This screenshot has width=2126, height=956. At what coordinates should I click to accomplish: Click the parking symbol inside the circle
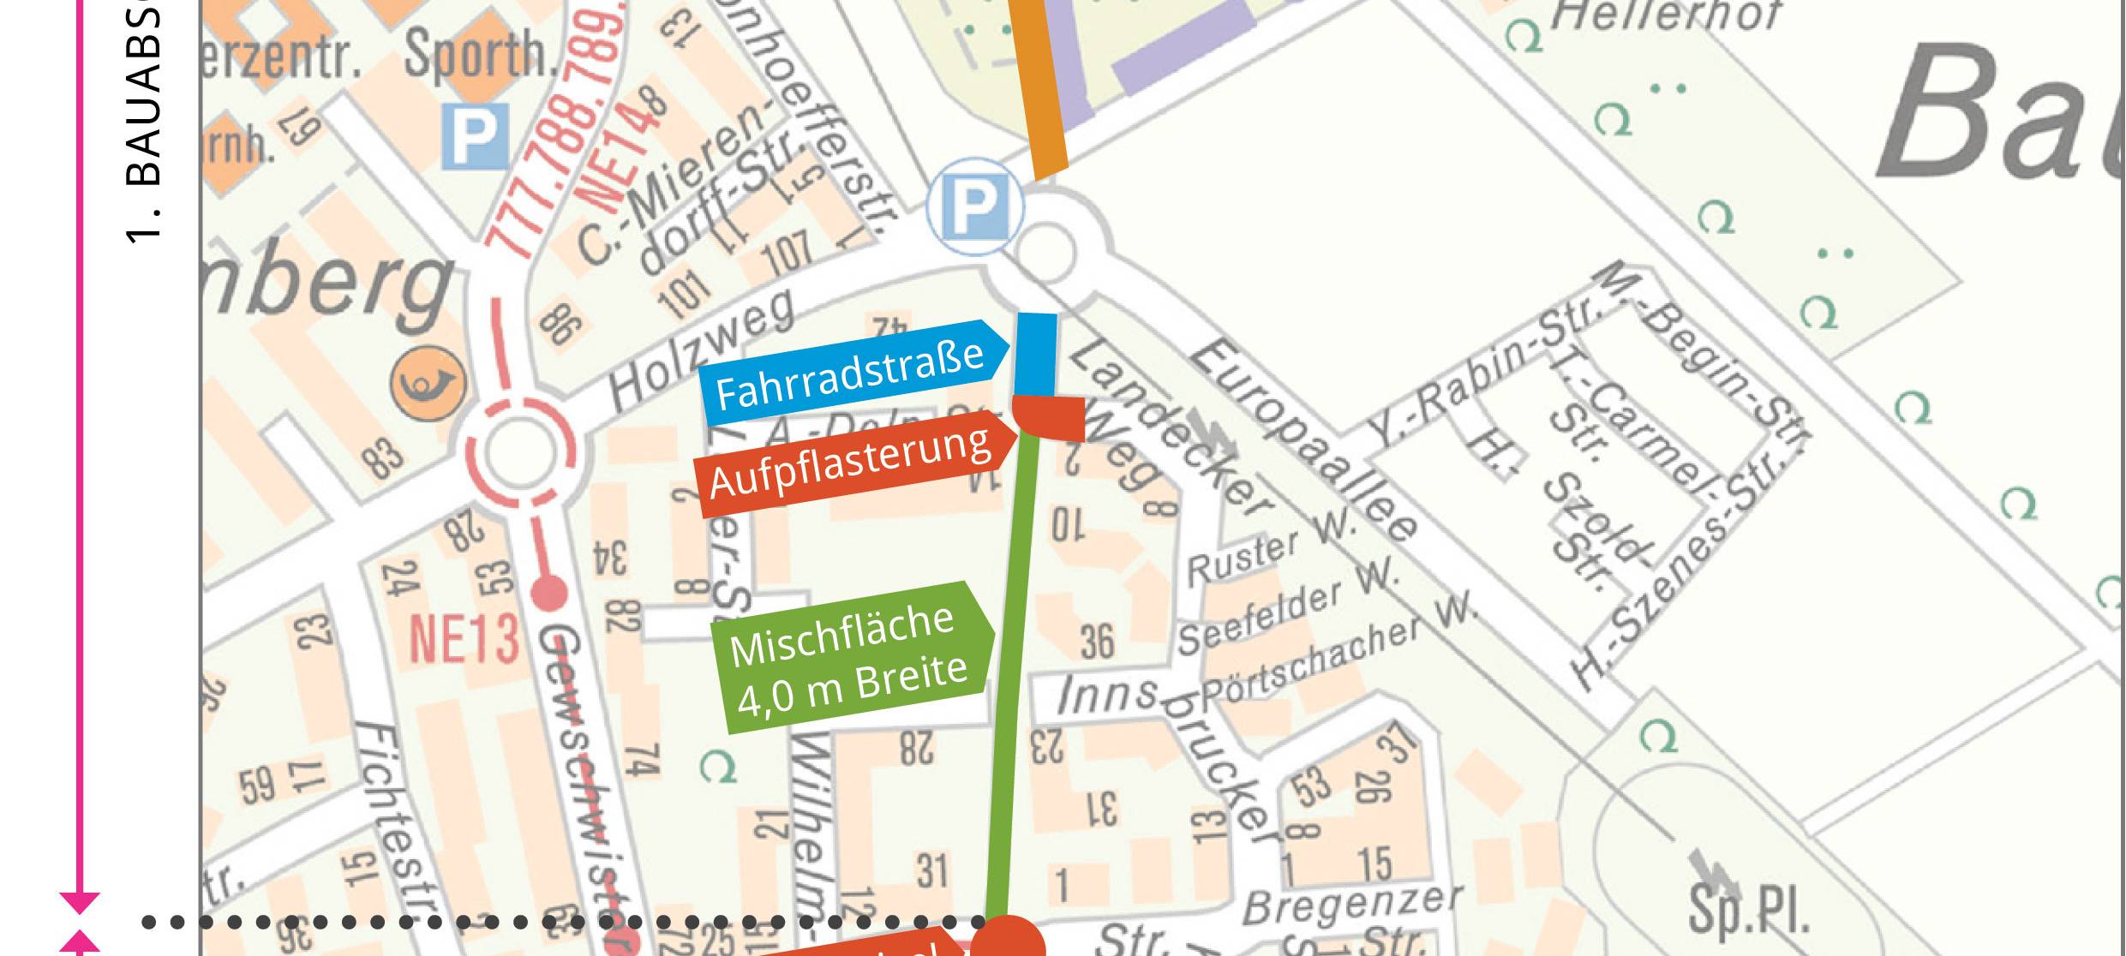point(974,206)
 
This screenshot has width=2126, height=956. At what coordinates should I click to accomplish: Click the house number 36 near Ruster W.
point(1097,642)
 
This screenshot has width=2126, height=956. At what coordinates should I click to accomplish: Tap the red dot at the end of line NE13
point(548,593)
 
